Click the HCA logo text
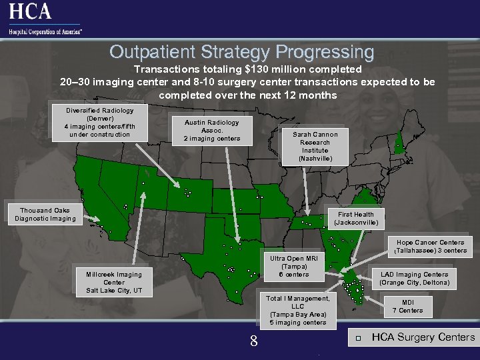coord(30,11)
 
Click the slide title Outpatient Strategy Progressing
coord(241,52)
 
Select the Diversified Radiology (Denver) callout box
coord(99,123)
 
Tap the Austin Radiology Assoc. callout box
coord(211,131)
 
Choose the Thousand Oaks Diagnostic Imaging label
coord(45,215)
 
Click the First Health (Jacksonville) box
coord(355,219)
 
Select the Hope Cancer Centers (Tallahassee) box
coord(430,247)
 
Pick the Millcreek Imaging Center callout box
coord(114,283)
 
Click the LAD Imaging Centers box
coord(414,279)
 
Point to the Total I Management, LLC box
coord(298,311)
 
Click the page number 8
coord(253,342)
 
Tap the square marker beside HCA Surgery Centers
coord(358,338)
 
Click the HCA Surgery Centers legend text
coord(423,337)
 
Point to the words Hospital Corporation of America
coord(45,31)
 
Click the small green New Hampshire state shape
coord(398,143)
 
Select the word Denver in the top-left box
coord(99,119)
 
